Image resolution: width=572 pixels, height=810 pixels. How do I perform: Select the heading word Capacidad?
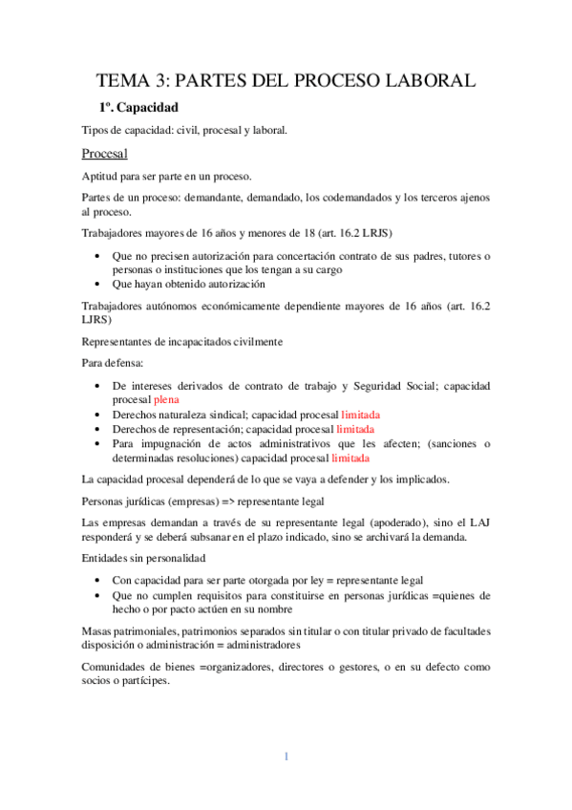click(x=147, y=108)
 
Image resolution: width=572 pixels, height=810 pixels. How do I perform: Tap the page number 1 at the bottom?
click(x=286, y=757)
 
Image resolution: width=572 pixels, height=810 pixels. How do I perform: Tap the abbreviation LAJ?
click(x=477, y=522)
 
